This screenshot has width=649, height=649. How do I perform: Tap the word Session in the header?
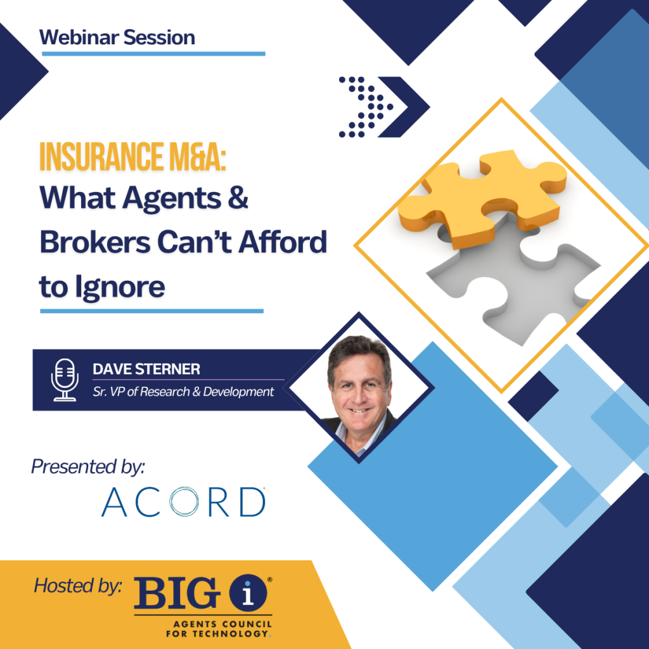point(159,37)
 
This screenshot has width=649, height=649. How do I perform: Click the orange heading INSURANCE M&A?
point(133,157)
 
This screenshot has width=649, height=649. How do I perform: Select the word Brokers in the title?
point(95,242)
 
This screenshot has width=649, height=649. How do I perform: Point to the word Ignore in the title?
point(120,287)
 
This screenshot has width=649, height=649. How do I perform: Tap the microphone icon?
point(65,380)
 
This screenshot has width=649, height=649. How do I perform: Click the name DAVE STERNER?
point(146,369)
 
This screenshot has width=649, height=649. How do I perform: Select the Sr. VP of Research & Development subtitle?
point(183,392)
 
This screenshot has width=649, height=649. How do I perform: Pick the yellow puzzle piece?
point(482,198)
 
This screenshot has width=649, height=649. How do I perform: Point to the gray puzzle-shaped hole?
point(513,281)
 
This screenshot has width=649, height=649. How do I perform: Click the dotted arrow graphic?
point(384,106)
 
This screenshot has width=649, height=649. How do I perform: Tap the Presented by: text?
point(88,467)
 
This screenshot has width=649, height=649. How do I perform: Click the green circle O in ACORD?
point(184,501)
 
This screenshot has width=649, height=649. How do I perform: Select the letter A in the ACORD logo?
point(114,502)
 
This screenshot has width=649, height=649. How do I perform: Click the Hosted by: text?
point(78,586)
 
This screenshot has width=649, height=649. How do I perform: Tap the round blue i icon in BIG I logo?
point(248,593)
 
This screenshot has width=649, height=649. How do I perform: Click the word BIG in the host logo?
point(177,593)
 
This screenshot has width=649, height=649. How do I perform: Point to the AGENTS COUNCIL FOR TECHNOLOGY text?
point(219,629)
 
